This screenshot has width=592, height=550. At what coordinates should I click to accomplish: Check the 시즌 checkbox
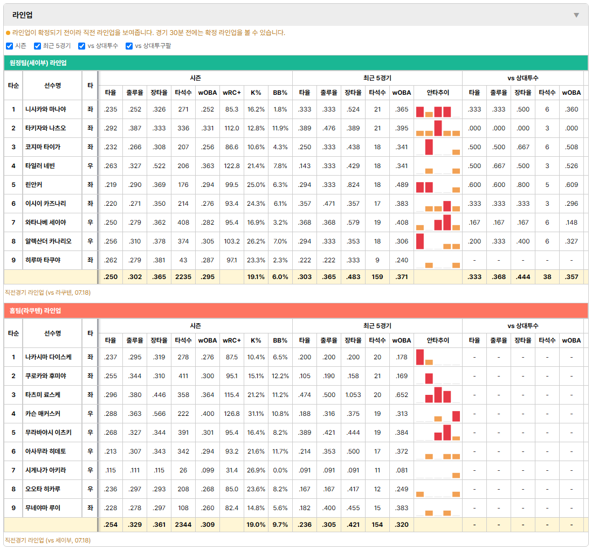(10, 46)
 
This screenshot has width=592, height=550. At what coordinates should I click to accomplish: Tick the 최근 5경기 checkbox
(37, 46)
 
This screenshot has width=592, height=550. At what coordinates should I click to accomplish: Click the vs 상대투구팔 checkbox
(129, 46)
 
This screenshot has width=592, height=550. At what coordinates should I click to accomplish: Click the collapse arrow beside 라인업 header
(576, 15)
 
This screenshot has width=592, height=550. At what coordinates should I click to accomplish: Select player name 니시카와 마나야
(46, 109)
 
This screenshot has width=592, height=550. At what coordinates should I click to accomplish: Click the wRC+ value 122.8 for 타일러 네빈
(231, 166)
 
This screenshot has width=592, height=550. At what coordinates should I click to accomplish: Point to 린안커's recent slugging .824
(353, 185)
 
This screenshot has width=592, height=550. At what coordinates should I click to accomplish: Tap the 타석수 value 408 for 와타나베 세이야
(183, 222)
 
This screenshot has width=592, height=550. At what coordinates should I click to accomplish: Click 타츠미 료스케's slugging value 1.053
(353, 395)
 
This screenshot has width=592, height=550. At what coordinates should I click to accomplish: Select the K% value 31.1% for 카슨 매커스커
(256, 414)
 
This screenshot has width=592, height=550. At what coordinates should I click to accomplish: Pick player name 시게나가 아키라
(46, 470)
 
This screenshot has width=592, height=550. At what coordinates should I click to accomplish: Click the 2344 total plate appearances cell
(183, 525)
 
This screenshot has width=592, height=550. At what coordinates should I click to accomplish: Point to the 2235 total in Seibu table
(183, 277)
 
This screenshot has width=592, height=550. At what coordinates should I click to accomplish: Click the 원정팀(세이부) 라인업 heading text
(38, 63)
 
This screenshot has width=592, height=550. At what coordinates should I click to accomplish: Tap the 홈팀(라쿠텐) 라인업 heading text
(35, 311)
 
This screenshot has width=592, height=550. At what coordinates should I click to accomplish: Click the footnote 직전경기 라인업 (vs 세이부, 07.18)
(47, 540)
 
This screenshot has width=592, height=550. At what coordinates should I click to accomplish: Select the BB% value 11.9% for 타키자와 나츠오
(280, 128)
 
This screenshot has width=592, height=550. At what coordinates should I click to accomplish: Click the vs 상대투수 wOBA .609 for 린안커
(571, 185)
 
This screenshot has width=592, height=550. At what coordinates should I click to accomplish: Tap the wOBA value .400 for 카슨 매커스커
(208, 414)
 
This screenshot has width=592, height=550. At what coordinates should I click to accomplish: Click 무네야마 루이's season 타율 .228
(111, 508)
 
